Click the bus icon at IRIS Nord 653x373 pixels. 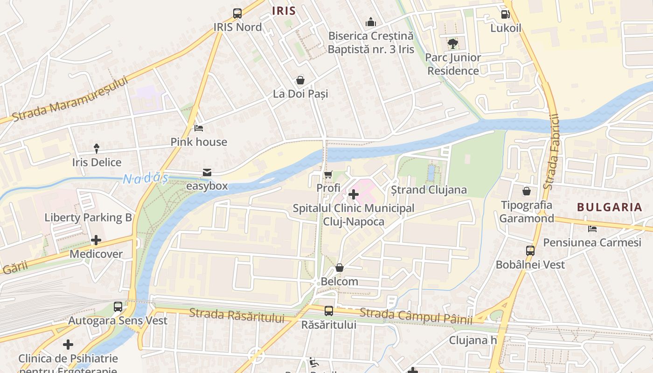tap(237, 14)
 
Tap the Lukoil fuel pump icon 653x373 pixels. tap(505, 14)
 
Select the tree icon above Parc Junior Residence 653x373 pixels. tap(452, 44)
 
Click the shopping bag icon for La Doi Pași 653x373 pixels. tap(300, 80)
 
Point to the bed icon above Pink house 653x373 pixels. tap(199, 128)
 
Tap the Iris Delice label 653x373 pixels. tap(97, 162)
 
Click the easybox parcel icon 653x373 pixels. tap(207, 173)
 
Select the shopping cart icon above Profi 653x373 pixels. tap(328, 175)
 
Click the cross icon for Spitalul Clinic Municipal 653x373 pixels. tap(354, 194)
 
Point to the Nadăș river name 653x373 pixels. tap(145, 178)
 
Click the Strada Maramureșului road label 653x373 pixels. tap(70, 99)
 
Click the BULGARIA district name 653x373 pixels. tap(610, 207)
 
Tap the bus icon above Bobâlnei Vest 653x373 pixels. tap(530, 251)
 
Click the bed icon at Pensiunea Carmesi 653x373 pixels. tap(592, 228)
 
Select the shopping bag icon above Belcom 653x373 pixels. tap(340, 268)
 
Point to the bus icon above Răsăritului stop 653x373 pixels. tap(329, 311)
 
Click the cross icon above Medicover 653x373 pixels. tap(96, 240)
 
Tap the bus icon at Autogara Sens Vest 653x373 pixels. tap(118, 307)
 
